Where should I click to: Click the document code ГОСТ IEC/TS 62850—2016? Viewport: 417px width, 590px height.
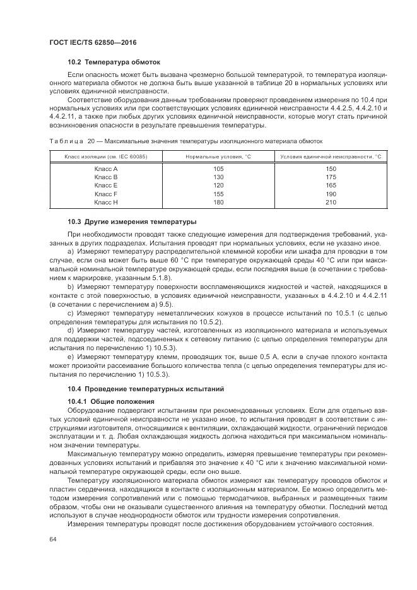[93, 42]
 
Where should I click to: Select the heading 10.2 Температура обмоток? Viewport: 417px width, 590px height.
[114, 62]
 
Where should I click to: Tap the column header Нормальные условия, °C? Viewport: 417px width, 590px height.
[219, 156]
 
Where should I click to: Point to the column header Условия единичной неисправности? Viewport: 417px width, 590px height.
[331, 156]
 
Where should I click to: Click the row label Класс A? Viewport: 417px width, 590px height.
[106, 169]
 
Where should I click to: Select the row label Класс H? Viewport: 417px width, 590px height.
[106, 203]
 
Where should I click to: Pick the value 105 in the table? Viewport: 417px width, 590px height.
[219, 169]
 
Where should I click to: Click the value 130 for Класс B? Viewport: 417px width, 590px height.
[219, 177]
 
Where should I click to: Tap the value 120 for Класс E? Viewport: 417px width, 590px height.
[219, 186]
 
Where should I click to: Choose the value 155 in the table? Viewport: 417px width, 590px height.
[219, 194]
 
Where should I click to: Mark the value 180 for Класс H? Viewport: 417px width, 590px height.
[219, 203]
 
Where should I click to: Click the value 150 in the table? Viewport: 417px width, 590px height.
[331, 169]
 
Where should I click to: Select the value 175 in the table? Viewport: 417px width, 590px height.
[331, 177]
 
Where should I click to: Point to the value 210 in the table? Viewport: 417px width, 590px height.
[331, 203]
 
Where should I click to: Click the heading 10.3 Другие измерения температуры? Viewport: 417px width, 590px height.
[132, 221]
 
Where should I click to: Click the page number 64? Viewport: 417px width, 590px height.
[52, 539]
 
